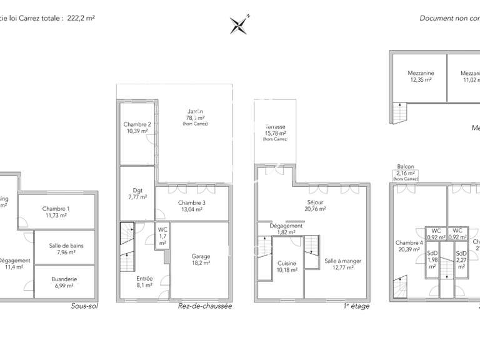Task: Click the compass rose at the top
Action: coord(239,25)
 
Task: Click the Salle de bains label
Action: coord(66,249)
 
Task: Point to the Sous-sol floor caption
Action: coord(85,307)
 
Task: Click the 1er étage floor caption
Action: coord(356,306)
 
